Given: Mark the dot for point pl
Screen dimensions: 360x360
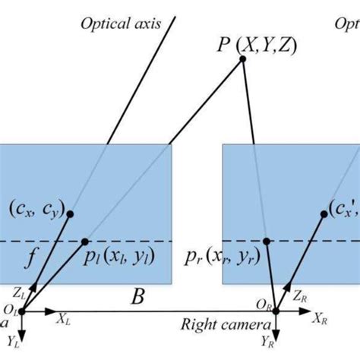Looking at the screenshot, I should click(x=88, y=242).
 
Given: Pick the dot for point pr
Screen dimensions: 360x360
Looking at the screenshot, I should click(x=266, y=242).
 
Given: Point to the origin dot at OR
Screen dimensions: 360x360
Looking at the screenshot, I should click(x=276, y=311).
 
